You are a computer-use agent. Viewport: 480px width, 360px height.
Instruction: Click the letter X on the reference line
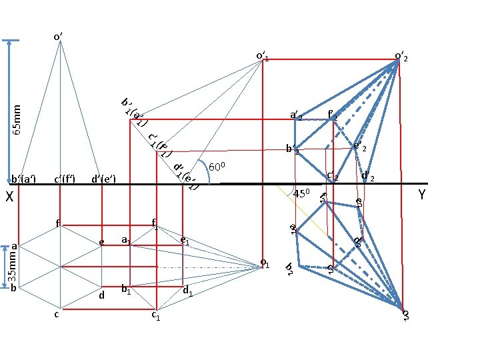pyautogui.click(x=9, y=197)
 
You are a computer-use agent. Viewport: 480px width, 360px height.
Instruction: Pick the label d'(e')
pyautogui.click(x=104, y=178)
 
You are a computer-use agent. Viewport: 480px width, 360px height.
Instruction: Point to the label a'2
pyautogui.click(x=295, y=116)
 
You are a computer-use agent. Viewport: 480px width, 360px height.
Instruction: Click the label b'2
pyautogui.click(x=292, y=149)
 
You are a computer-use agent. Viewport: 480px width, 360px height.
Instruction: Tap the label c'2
pyautogui.click(x=332, y=176)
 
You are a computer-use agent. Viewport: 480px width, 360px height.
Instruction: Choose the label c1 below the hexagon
pyautogui.click(x=156, y=316)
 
